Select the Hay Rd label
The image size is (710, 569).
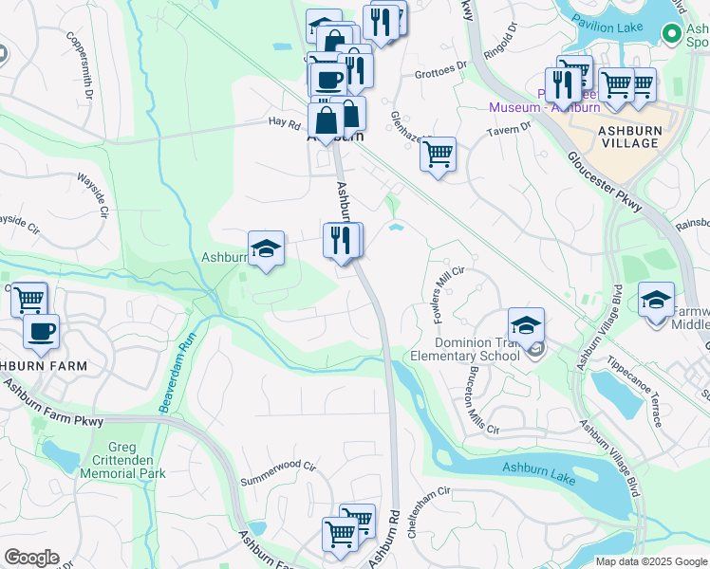(x=284, y=122)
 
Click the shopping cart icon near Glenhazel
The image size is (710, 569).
(x=438, y=153)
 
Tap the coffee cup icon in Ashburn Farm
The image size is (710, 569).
(x=41, y=331)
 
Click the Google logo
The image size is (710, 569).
(x=31, y=558)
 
